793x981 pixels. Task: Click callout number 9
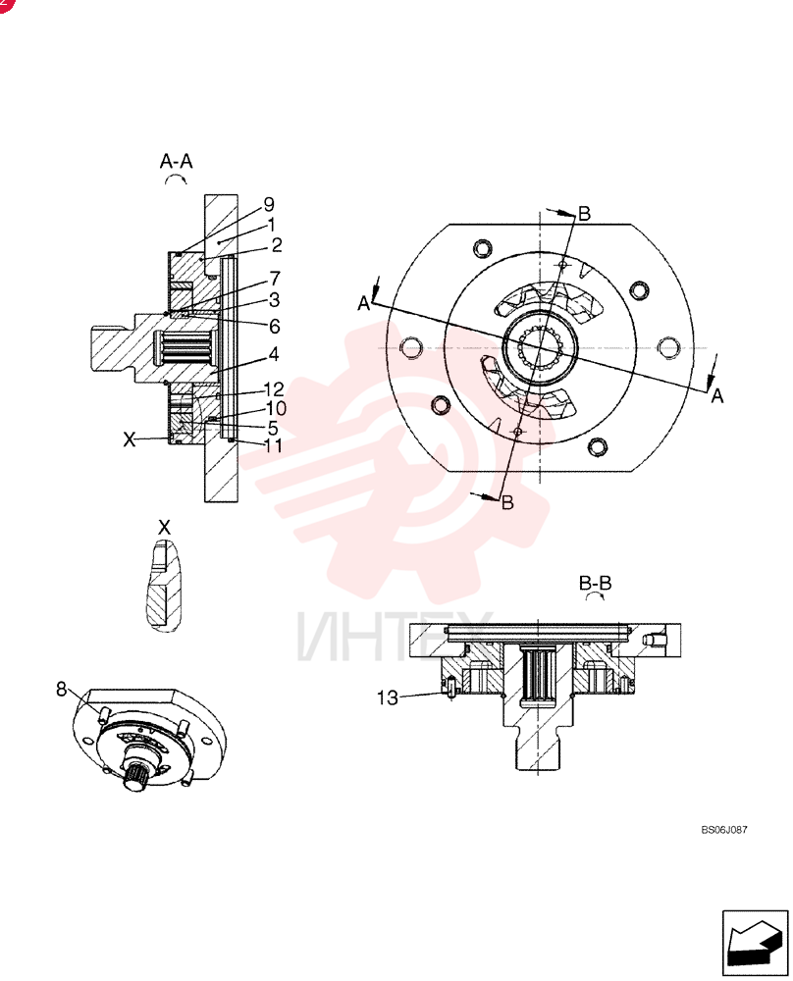click(269, 205)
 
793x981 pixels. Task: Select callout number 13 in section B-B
click(388, 697)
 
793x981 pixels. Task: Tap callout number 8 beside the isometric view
click(61, 689)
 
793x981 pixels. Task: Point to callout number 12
click(274, 389)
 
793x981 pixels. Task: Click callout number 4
click(274, 354)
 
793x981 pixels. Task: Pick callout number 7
click(275, 278)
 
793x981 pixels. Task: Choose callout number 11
click(274, 445)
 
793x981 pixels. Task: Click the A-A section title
click(176, 162)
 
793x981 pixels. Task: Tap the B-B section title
click(595, 583)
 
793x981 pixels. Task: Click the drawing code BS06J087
click(724, 830)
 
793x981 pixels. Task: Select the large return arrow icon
click(755, 943)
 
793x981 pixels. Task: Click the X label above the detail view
click(164, 528)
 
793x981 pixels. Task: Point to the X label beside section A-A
click(129, 439)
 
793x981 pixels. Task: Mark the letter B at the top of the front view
click(584, 213)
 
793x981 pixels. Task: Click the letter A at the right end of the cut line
click(717, 396)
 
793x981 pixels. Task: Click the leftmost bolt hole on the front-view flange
click(411, 347)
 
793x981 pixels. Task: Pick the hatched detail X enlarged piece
click(164, 586)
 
